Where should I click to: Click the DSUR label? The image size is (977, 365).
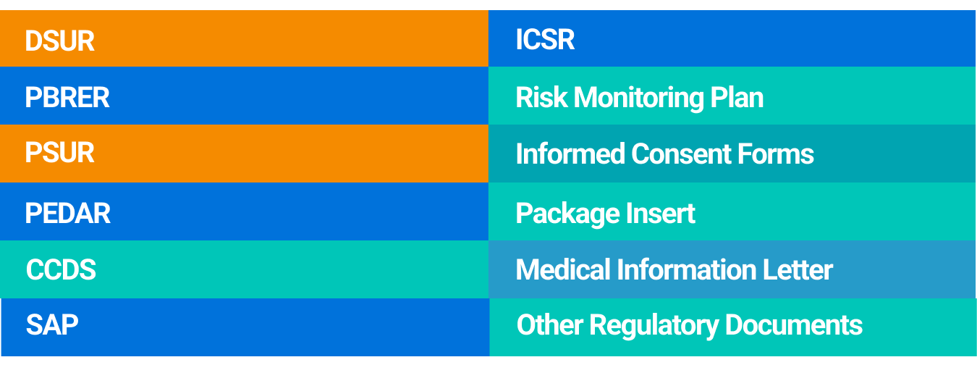[x=60, y=41]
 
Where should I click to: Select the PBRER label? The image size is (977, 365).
[x=67, y=97]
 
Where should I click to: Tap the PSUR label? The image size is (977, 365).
[x=60, y=152]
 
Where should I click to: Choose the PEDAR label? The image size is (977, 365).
[x=67, y=213]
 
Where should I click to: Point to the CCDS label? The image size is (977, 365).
[x=61, y=269]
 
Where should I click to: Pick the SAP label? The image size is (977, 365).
[x=52, y=325]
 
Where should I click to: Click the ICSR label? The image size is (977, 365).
[x=545, y=39]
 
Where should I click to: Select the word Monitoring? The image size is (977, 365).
[x=638, y=98]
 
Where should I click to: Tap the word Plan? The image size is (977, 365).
[x=737, y=97]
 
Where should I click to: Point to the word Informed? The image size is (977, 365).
[x=570, y=154]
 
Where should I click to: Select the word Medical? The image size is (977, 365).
[x=563, y=269]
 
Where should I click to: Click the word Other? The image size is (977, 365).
[x=550, y=325]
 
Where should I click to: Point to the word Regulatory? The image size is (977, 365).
[x=654, y=326]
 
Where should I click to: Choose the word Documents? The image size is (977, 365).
[x=794, y=325]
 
